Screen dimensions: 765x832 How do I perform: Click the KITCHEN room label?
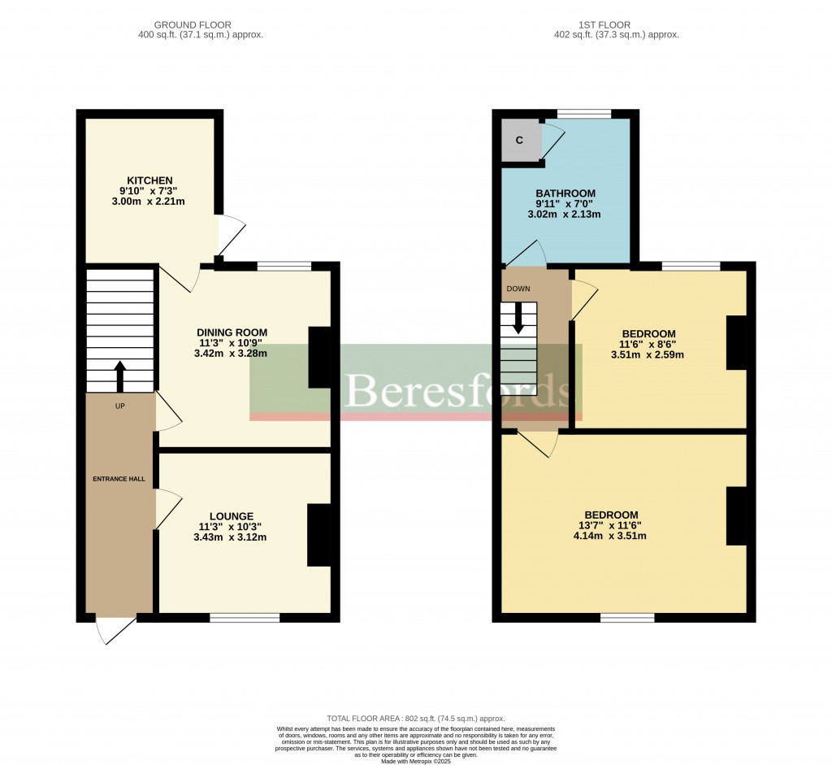click(x=149, y=180)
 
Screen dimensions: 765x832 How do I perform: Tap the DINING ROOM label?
click(x=232, y=333)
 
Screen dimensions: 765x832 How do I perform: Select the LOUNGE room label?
click(x=232, y=516)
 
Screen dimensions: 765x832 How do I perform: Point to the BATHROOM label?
click(x=565, y=193)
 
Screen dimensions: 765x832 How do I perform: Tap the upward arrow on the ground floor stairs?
click(x=120, y=376)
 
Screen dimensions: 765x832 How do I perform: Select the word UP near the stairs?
click(x=120, y=406)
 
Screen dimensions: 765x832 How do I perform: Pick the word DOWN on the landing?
click(x=518, y=289)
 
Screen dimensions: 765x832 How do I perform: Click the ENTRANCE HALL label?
click(x=119, y=479)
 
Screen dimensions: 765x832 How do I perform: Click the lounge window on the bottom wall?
click(x=245, y=619)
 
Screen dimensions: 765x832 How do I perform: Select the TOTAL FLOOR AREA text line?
click(x=415, y=719)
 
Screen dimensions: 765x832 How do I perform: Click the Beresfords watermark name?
click(x=457, y=391)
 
